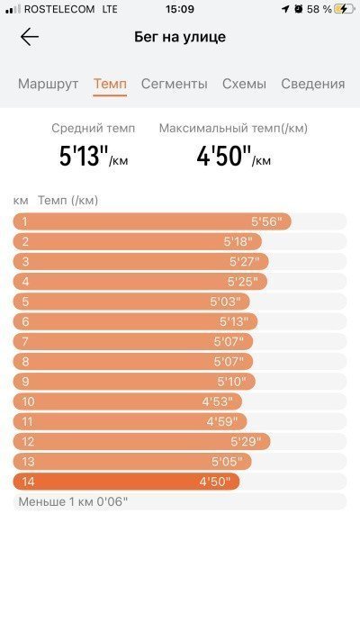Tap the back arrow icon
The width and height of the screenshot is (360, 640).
click(x=30, y=37)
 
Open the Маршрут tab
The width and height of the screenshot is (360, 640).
click(x=49, y=84)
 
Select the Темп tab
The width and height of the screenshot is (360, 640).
click(x=110, y=84)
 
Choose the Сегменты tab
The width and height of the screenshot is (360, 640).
click(x=175, y=84)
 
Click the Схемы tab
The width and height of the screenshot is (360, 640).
click(x=244, y=84)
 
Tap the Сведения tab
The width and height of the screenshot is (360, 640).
click(x=313, y=84)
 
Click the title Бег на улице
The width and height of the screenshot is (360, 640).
click(x=180, y=37)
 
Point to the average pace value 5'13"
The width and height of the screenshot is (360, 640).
click(x=84, y=156)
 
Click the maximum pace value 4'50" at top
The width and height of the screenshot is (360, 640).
click(x=224, y=156)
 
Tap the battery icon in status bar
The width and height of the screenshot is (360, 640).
click(x=344, y=9)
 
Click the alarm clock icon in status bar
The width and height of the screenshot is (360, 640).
click(x=299, y=9)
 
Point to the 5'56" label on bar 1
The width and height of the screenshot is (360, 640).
click(x=266, y=221)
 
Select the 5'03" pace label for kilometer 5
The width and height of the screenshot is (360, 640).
click(x=224, y=302)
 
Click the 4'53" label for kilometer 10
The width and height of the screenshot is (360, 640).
click(x=217, y=401)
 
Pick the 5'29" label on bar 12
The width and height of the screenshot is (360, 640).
click(x=246, y=442)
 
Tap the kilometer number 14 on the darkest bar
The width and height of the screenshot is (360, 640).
click(x=28, y=482)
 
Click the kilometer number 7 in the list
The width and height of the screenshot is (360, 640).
click(x=25, y=342)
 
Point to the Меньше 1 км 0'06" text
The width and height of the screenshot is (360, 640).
click(x=73, y=501)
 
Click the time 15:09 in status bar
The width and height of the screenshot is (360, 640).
click(x=180, y=9)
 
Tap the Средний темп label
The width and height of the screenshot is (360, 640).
click(x=93, y=128)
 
